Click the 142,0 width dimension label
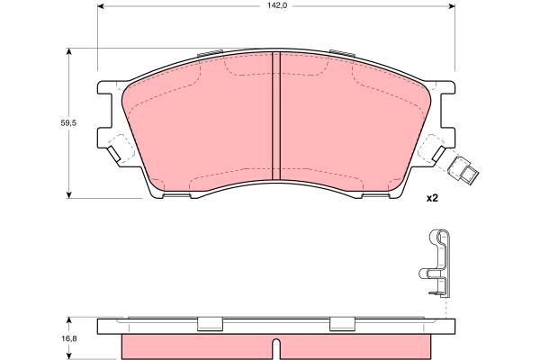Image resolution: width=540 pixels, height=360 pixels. click(277, 6)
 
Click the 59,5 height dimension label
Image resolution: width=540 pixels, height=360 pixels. click(68, 123)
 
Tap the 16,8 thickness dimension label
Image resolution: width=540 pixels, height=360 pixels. click(69, 338)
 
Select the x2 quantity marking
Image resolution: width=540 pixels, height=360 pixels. click(432, 198)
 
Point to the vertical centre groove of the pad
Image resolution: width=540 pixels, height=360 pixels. click(276, 116)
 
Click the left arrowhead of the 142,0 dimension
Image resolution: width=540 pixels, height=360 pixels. click(101, 6)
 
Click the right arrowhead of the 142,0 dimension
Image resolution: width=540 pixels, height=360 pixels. click(452, 6)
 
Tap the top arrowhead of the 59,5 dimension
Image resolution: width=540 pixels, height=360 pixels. click(69, 51)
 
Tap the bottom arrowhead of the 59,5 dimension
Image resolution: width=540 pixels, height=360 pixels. click(69, 195)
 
